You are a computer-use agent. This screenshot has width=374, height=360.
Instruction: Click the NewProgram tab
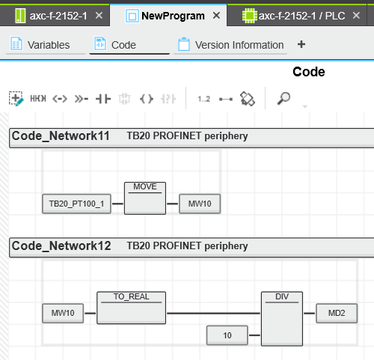(168, 16)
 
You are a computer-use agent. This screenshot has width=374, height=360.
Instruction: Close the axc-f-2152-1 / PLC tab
(356, 16)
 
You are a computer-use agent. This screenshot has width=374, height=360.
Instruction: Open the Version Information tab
(230, 45)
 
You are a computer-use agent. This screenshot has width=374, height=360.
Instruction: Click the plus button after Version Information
(301, 44)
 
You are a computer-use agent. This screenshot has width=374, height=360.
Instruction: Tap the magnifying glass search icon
(283, 98)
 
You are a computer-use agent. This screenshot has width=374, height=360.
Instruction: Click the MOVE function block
(145, 198)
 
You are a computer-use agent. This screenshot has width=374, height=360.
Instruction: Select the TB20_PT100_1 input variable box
(76, 204)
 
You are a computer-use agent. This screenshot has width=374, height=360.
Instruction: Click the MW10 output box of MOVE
(200, 204)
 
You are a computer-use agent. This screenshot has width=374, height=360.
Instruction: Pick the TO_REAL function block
(131, 308)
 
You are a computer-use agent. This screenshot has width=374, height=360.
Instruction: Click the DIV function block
(282, 319)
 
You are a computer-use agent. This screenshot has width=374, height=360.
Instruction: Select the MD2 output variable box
(337, 313)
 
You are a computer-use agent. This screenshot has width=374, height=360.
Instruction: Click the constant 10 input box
(227, 335)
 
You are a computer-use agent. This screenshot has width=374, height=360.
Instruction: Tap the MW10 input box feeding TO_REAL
(63, 313)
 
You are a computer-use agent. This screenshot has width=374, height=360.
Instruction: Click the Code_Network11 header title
(61, 136)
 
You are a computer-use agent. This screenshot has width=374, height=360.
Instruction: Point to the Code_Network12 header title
(61, 246)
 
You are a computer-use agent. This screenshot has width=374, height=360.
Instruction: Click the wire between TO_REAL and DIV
(213, 313)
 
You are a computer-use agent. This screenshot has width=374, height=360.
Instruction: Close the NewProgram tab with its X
(216, 16)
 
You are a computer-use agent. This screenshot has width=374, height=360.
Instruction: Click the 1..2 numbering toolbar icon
(203, 99)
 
